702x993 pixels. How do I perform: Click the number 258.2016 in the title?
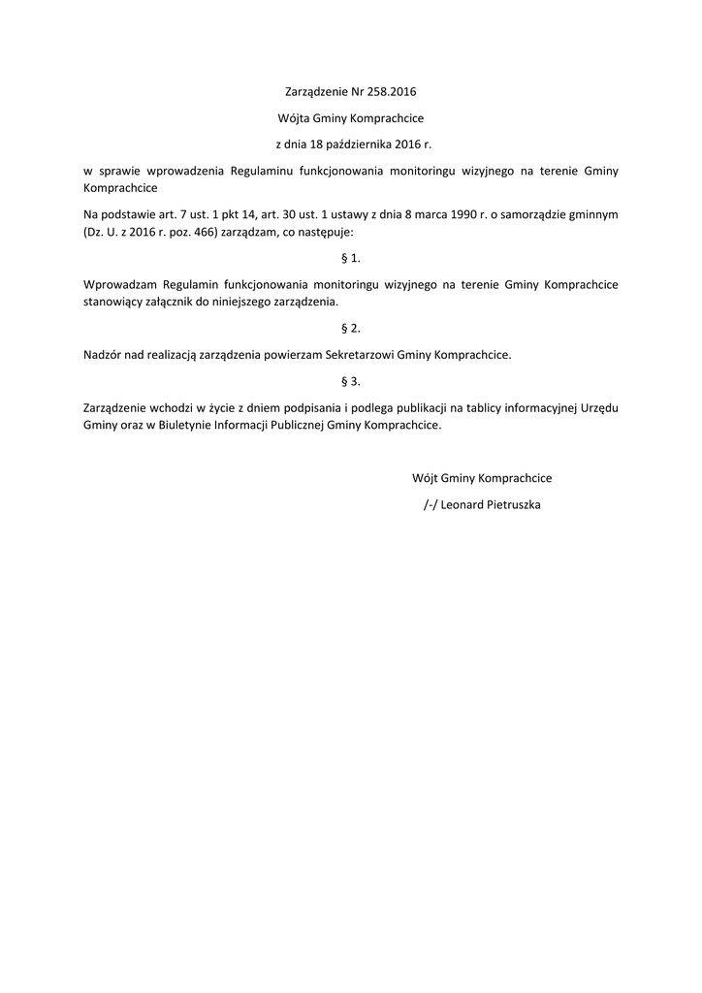(x=392, y=93)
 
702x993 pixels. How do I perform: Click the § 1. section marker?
(x=351, y=259)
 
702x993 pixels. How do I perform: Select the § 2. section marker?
(x=351, y=329)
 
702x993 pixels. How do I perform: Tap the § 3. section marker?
(x=351, y=381)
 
